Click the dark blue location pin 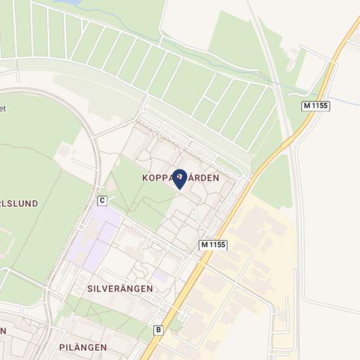179,179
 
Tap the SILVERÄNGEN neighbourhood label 120,288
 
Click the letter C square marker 102,200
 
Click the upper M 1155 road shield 315,106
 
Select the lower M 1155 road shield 213,244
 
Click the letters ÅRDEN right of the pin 203,178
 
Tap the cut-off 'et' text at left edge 3,109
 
